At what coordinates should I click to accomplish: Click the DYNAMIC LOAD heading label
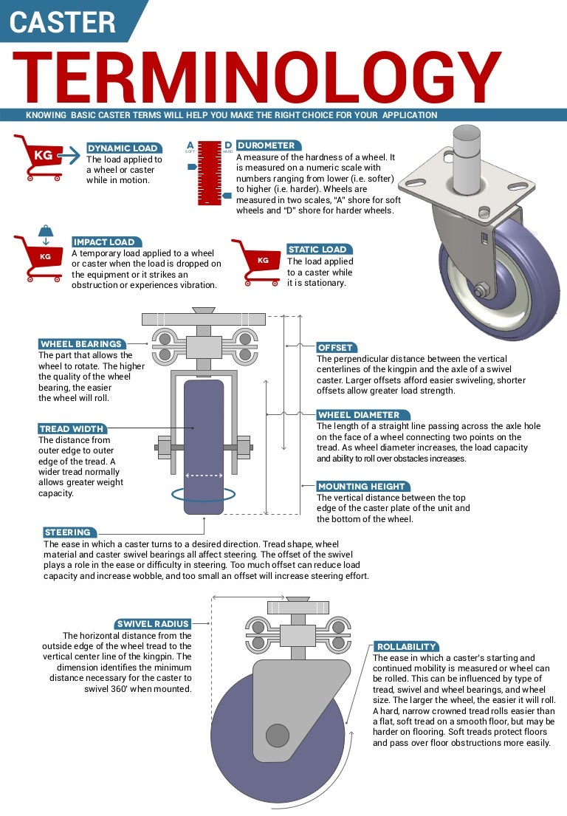click(x=124, y=148)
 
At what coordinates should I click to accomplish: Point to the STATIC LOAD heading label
click(x=319, y=250)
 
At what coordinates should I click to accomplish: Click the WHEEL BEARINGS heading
click(x=82, y=344)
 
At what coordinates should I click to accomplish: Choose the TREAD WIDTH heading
click(x=72, y=429)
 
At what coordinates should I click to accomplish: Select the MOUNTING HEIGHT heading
click(x=362, y=486)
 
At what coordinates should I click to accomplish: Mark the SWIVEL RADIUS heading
click(x=154, y=623)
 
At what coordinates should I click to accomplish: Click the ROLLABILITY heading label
click(x=406, y=646)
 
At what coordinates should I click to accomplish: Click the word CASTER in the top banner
click(x=63, y=22)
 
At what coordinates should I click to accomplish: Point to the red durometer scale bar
click(x=210, y=172)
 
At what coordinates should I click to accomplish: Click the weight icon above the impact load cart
click(x=46, y=230)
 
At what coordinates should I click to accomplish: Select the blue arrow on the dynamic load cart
click(x=69, y=154)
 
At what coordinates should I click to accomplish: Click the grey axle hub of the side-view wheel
click(x=278, y=736)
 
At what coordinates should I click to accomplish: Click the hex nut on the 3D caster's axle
click(x=479, y=290)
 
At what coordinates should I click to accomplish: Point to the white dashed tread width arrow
click(x=204, y=475)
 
